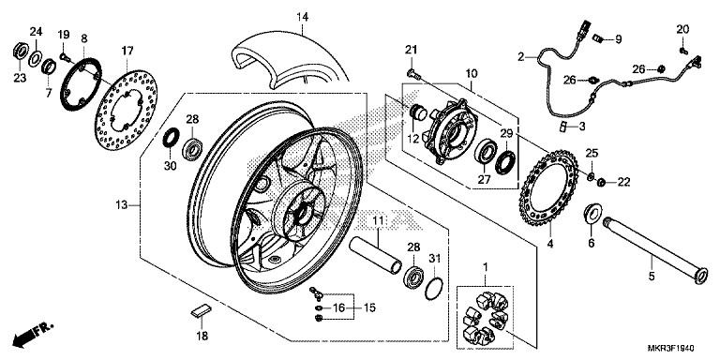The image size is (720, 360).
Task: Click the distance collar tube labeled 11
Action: pos(375,255)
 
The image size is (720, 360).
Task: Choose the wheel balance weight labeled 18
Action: pos(201,310)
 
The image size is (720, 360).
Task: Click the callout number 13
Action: pos(121,205)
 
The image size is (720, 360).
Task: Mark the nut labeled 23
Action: pos(20,51)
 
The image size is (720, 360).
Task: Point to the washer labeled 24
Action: pos(35,59)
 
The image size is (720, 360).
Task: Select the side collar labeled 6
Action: pos(592,215)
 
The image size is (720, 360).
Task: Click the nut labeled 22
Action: pos(601,183)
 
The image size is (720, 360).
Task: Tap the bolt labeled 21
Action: pos(412,73)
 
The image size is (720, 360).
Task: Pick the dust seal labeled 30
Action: pos(172,138)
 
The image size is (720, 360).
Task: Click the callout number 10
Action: pos(472,73)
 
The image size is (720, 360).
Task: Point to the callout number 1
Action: pos(486,267)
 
